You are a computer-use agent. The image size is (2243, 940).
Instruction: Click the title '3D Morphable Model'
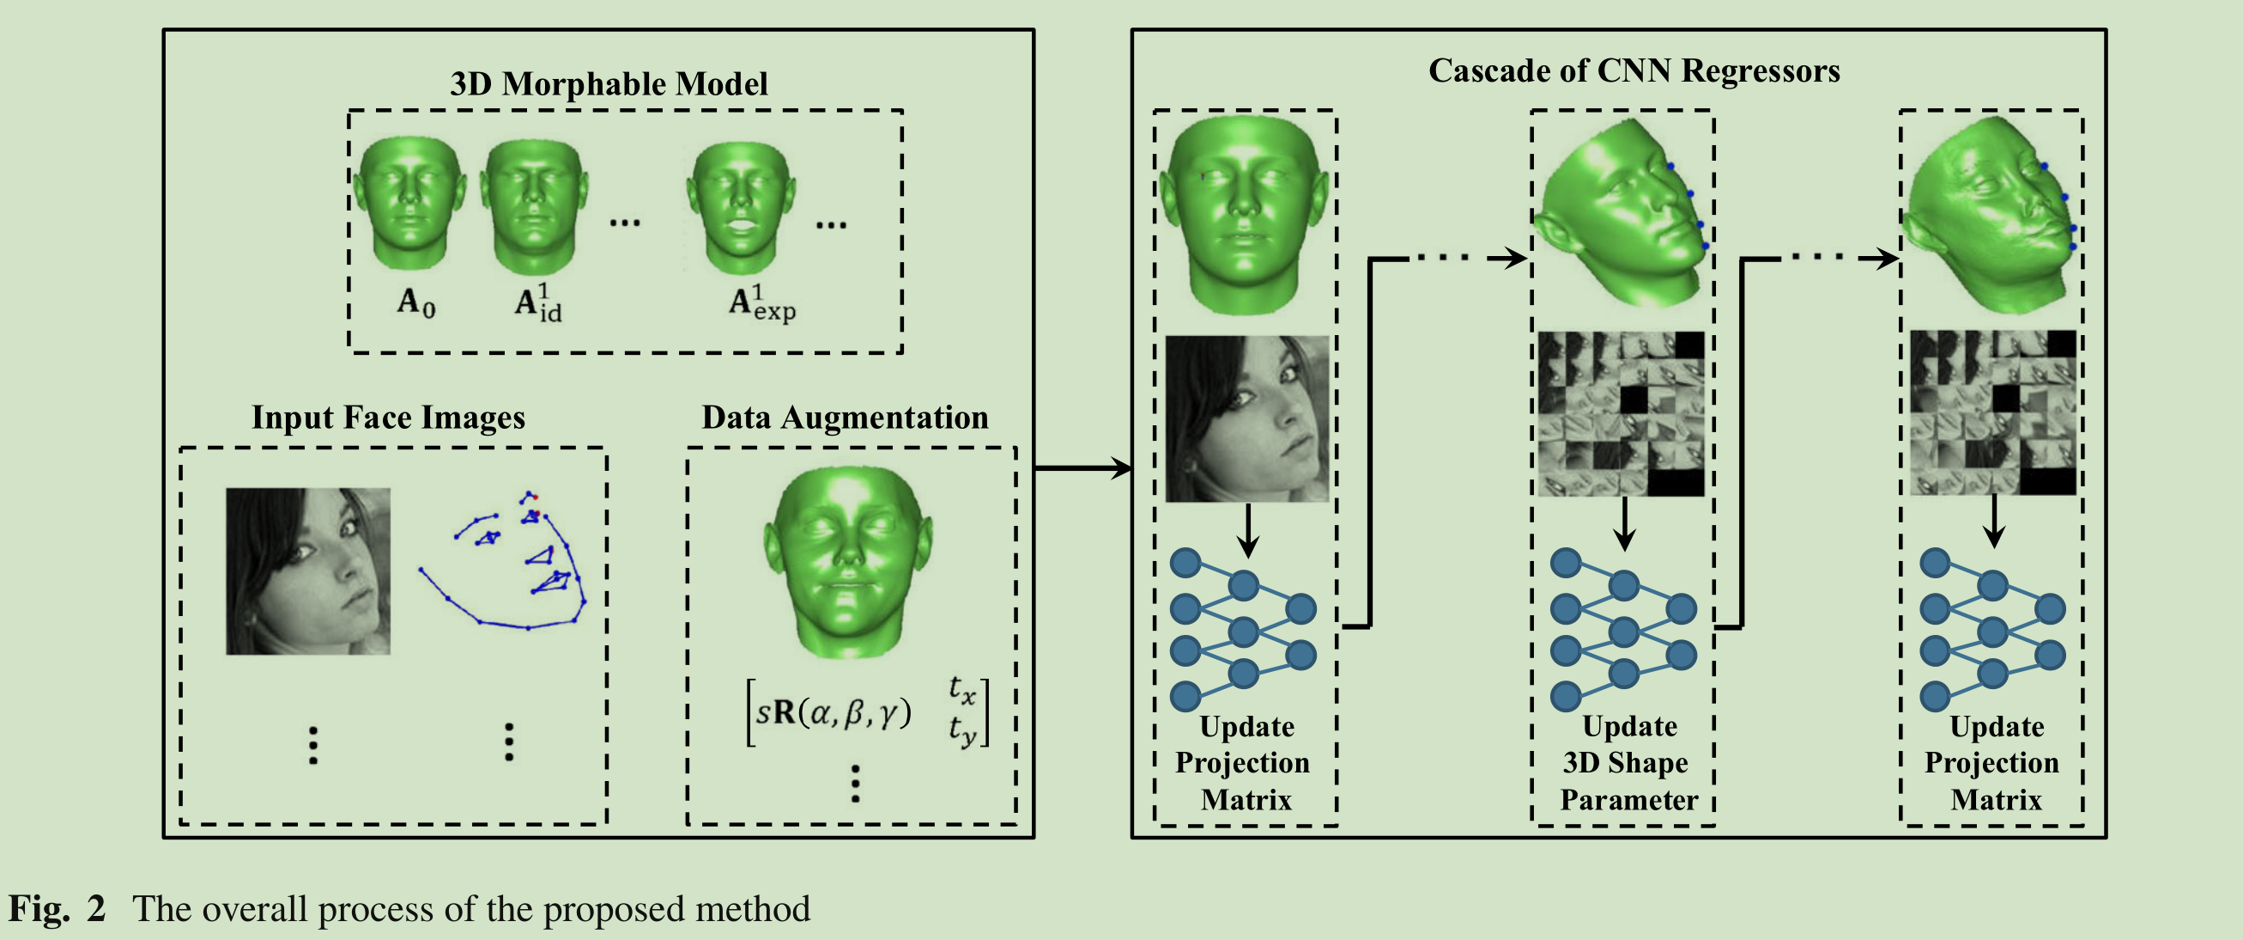point(609,83)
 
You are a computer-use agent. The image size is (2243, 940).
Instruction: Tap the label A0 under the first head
point(416,302)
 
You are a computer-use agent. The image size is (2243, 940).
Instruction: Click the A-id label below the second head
point(537,303)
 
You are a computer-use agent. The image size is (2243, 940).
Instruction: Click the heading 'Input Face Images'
point(388,418)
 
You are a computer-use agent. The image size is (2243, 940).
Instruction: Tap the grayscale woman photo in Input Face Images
point(308,571)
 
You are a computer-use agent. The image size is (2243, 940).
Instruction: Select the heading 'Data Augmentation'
point(845,418)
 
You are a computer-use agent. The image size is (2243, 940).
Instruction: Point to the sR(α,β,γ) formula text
point(833,712)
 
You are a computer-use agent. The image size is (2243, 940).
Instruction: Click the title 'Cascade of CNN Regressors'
point(1634,70)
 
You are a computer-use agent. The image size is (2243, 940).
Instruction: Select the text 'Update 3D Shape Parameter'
point(1627,763)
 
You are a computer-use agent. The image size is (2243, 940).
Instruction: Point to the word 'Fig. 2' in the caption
point(58,908)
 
